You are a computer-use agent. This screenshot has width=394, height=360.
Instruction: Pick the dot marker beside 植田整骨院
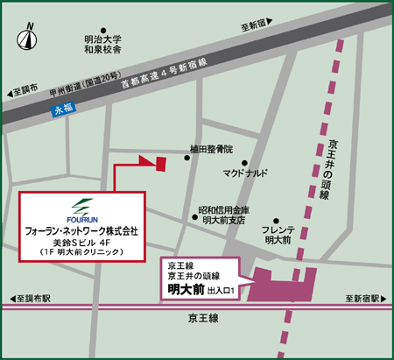point(186,158)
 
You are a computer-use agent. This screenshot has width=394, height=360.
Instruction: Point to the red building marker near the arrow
point(160,165)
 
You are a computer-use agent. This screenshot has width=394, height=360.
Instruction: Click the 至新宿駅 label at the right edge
point(366,299)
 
